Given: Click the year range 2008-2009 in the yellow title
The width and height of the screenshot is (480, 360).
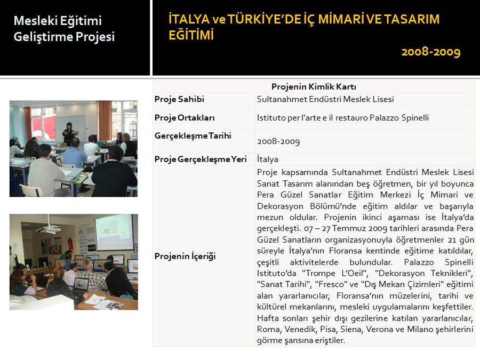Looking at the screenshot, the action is (x=431, y=52).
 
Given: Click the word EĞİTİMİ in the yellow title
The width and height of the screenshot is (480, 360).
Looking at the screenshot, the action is (x=191, y=35).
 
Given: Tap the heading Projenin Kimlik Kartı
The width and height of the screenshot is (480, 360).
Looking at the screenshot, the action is (x=314, y=86).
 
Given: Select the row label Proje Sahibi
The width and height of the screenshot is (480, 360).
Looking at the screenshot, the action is (x=179, y=99).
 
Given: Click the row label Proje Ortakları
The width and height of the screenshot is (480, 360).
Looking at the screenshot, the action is (x=185, y=118).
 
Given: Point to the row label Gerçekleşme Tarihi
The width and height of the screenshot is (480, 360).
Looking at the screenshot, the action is (x=193, y=136).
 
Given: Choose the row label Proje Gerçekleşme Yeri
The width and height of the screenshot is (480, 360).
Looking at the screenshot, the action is (x=201, y=159).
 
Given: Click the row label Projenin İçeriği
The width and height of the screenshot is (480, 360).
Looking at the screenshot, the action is (x=185, y=256).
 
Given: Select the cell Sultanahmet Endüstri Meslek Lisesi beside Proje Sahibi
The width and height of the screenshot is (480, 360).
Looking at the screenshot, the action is (x=325, y=99).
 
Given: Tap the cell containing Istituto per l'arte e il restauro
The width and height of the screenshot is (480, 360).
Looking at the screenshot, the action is (x=343, y=118).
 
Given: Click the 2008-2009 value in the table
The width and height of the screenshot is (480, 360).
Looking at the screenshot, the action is (x=278, y=141).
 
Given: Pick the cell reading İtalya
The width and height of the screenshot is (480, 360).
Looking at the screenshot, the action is (x=268, y=159).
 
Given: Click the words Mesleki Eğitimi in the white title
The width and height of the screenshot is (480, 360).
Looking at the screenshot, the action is (x=58, y=21).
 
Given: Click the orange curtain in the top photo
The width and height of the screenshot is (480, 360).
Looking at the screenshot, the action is (x=105, y=121).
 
